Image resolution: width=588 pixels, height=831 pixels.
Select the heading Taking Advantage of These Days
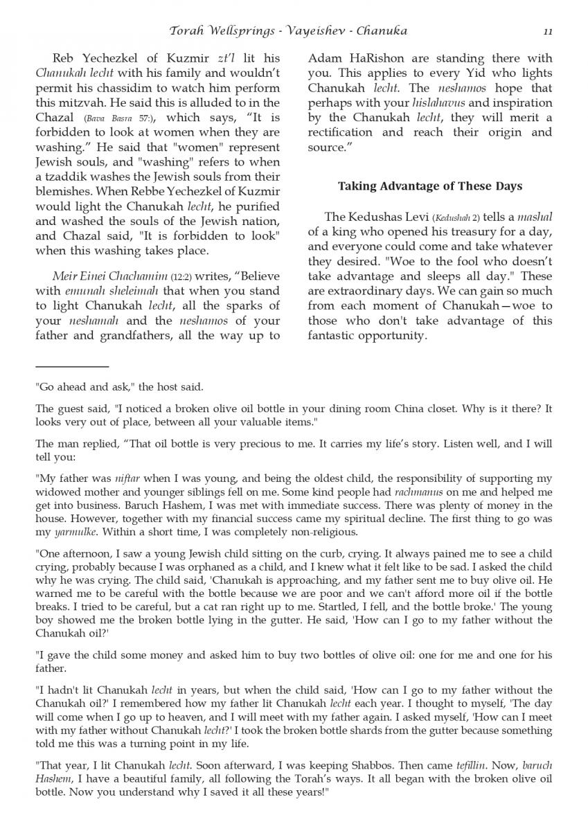[x=429, y=186]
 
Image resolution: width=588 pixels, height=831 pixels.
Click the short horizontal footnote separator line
[x=72, y=366]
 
